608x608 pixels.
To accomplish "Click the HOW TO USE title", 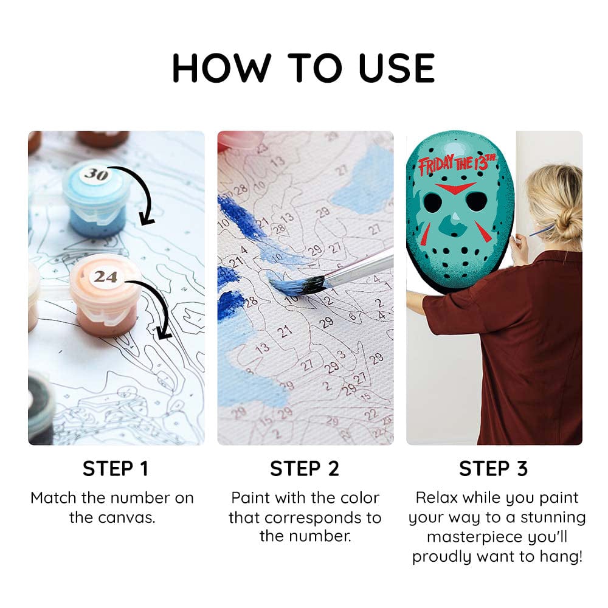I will tap(304, 67).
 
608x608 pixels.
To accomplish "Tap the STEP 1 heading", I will tap(116, 469).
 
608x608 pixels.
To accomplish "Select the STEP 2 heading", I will tap(305, 469).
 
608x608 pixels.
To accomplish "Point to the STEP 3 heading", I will tap(494, 469).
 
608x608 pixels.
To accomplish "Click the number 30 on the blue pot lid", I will tap(95, 174).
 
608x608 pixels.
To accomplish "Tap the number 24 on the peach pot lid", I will tap(105, 277).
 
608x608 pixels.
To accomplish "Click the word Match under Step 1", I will tap(54, 498).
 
